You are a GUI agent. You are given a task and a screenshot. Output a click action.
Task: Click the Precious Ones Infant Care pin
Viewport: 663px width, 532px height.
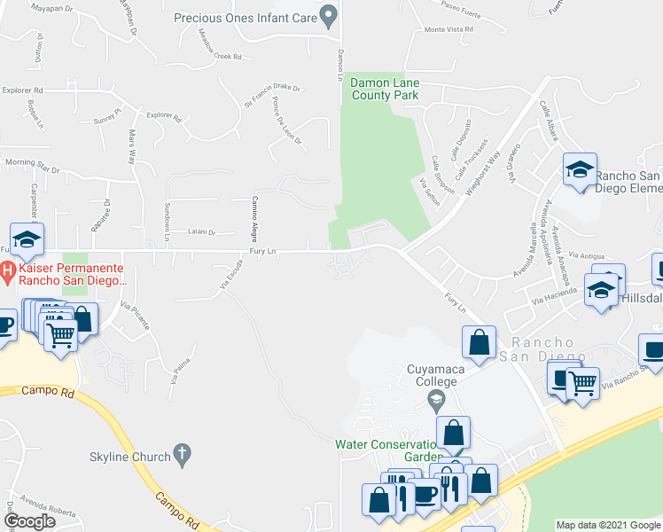point(330,15)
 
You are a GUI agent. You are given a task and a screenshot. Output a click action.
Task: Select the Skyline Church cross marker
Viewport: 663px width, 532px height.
point(183,455)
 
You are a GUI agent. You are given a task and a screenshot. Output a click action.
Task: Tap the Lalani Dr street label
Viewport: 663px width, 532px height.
point(201,232)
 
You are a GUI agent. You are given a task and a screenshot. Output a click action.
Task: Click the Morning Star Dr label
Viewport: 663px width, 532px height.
point(32,165)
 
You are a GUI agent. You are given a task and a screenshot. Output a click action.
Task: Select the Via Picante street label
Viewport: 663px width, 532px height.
point(136,317)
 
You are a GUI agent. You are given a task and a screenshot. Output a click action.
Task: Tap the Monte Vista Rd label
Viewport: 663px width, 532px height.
point(448,29)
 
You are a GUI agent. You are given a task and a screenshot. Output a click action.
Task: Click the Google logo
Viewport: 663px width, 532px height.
point(29,522)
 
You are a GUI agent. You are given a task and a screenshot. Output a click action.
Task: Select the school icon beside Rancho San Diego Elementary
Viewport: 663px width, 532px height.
point(580,169)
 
